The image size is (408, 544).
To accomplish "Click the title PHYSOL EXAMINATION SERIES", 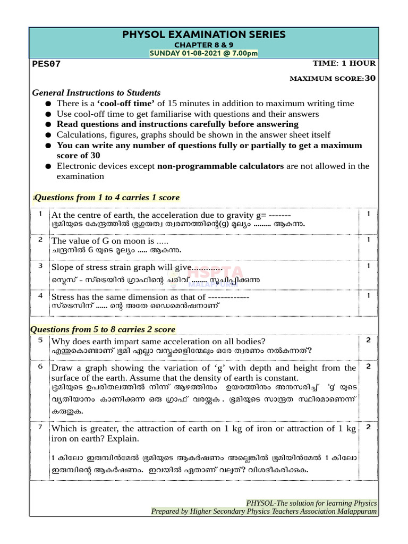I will click(204, 35).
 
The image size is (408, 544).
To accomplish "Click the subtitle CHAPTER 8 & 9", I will click(204, 45).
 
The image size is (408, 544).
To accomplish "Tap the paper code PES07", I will click(47, 64).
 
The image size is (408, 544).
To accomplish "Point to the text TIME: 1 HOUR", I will click(344, 63).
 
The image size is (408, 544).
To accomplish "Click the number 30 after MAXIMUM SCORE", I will click(370, 78).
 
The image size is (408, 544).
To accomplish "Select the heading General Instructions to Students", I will click(96, 92).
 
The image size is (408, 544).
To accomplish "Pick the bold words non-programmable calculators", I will click(220, 166).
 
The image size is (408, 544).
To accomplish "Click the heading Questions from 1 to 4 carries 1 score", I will click(107, 197).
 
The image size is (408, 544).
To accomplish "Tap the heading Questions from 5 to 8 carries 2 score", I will click(103, 329).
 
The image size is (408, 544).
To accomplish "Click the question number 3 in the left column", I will click(40, 265).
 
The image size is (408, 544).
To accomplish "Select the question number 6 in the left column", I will click(40, 367).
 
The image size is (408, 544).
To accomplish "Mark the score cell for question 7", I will click(368, 427).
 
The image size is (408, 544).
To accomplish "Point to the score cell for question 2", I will click(368, 240).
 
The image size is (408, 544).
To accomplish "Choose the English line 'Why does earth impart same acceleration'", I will click(158, 341).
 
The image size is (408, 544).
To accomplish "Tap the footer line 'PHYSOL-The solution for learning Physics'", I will click(311, 503).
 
